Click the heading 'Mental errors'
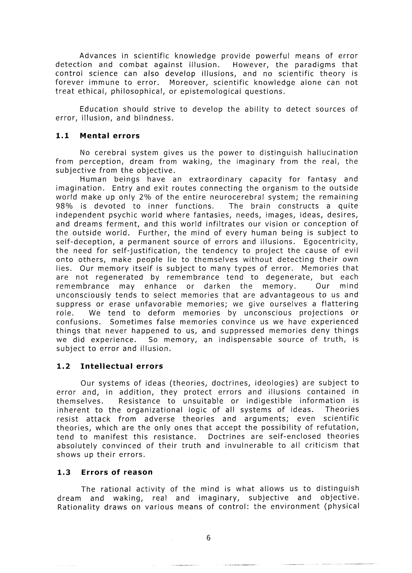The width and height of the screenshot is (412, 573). pos(110,136)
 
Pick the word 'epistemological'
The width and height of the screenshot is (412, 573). pos(211,91)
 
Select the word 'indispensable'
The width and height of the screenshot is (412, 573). pos(245,340)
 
